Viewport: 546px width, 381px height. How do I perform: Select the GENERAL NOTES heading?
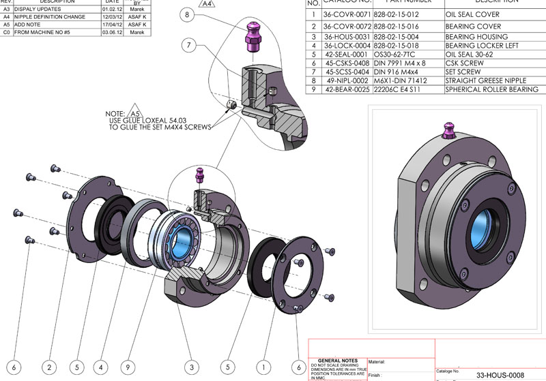336,361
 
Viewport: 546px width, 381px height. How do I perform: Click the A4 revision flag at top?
207,3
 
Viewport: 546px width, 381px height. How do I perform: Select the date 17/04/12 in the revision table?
111,25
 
